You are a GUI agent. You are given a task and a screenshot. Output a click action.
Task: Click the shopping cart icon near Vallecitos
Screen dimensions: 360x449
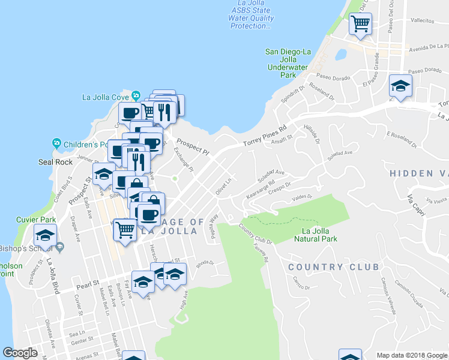(360, 25)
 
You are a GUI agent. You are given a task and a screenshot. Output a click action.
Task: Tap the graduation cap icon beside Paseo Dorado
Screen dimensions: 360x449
(400, 85)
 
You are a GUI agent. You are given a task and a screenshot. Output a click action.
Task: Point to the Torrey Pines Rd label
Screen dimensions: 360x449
(265, 136)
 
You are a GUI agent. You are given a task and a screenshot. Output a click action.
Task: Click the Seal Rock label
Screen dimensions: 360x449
(56, 162)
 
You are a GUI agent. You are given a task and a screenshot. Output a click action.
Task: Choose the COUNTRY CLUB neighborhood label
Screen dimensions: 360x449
(334, 267)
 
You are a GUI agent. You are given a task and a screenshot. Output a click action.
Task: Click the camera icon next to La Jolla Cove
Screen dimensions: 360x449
(136, 95)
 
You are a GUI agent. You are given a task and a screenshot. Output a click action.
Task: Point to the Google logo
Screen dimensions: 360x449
(20, 353)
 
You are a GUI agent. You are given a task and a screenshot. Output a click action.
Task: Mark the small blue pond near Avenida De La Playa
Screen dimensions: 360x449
(341, 55)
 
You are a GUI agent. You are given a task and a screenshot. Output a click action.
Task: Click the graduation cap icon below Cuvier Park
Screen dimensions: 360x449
(45, 236)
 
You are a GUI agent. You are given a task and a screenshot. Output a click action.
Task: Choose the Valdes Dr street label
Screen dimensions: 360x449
(302, 196)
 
